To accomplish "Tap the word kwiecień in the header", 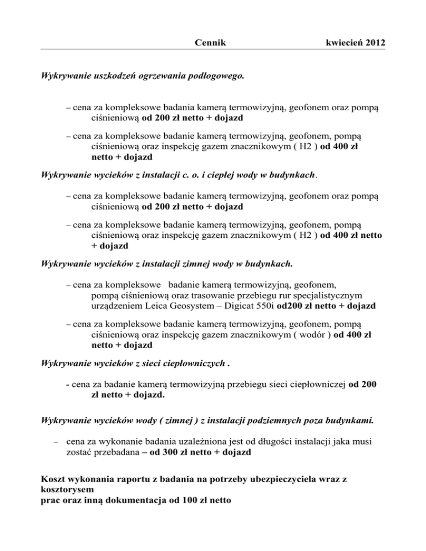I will (x=340, y=42).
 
